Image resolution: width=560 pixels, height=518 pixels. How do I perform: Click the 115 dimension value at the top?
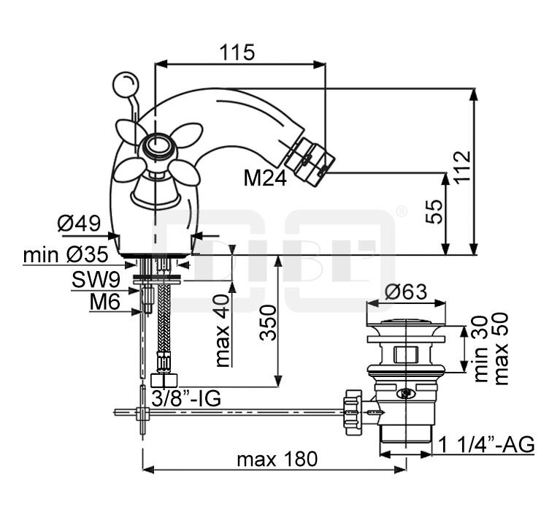[x=238, y=53]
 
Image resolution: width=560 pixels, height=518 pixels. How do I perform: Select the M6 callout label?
[x=106, y=302]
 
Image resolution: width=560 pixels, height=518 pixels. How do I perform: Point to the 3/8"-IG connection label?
[x=186, y=398]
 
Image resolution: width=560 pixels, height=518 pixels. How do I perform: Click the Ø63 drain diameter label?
[x=405, y=292]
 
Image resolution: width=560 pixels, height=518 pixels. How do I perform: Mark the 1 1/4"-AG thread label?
[x=486, y=444]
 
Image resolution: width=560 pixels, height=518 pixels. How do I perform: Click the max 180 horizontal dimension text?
[x=278, y=460]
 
